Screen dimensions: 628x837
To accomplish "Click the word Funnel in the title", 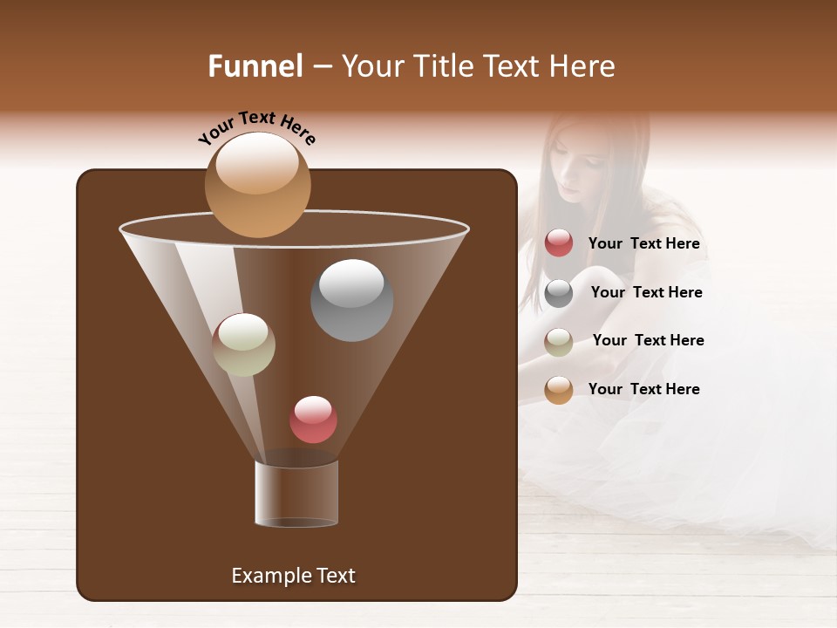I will (x=255, y=66).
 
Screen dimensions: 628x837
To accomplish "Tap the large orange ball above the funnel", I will (x=257, y=184).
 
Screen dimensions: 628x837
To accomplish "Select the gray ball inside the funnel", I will (x=351, y=300).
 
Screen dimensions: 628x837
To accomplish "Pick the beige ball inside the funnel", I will (x=243, y=345).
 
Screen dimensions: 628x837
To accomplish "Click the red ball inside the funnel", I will (x=313, y=420).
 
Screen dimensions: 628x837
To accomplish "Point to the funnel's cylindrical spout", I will (x=296, y=494).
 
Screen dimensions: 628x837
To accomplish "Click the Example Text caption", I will (x=293, y=576).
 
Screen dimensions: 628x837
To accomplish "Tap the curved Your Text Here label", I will (x=256, y=128).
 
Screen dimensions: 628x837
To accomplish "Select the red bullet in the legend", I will (x=559, y=243).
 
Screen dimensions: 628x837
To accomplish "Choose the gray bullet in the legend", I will (x=559, y=293).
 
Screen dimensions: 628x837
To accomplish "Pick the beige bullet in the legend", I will (x=559, y=342).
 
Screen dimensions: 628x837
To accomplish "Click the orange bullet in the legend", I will (x=559, y=390).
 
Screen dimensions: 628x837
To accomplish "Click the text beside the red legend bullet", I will (x=643, y=244).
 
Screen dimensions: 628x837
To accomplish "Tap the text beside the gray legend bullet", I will (x=646, y=292).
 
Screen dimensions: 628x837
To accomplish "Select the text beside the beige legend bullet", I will (x=648, y=340).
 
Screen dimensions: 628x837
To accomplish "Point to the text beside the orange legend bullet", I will (x=643, y=389).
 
